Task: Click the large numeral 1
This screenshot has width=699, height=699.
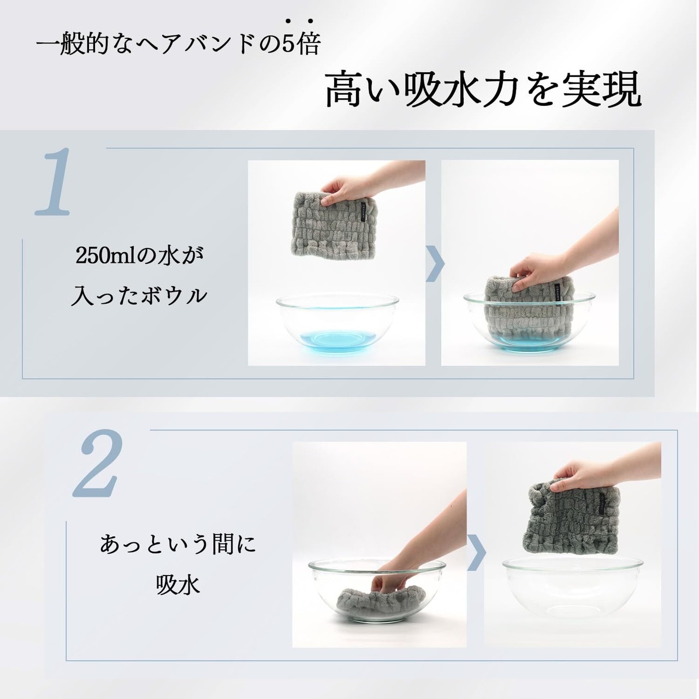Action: click(53, 181)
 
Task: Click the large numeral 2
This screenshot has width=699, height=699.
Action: click(98, 463)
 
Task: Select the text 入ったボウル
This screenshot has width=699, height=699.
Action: click(139, 296)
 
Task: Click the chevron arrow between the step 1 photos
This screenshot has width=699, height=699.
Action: click(435, 264)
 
